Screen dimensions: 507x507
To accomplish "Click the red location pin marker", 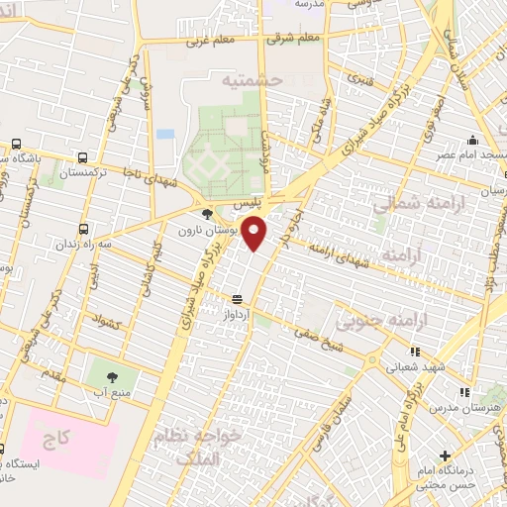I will coord(255,234).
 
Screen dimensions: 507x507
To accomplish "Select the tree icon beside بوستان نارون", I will coord(206,213).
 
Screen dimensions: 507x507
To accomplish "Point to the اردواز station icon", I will coord(237,298).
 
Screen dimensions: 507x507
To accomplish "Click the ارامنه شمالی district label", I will coord(405,204).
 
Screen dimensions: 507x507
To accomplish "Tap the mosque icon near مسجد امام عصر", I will coord(472,140).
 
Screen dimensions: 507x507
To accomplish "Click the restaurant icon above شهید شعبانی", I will coord(414,351).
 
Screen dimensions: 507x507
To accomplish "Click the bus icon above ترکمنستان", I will coord(82,156).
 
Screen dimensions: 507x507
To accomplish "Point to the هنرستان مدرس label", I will coord(473,409).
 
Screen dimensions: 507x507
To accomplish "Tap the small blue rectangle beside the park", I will coord(165,133).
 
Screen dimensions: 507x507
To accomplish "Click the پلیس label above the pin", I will coord(250,200).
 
